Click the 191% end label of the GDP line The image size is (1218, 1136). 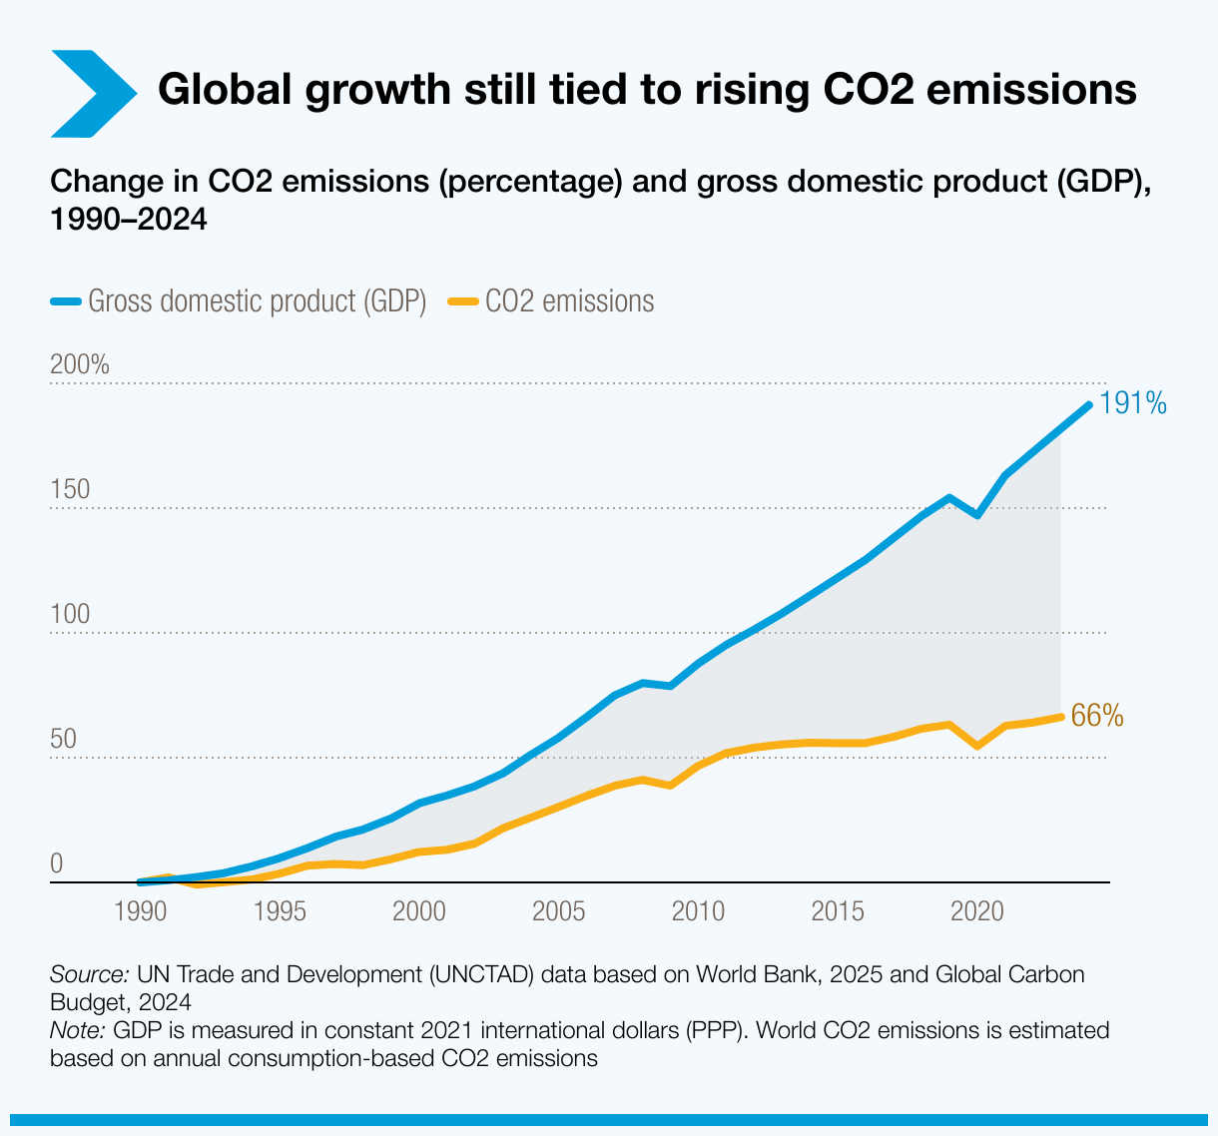[x=1133, y=403]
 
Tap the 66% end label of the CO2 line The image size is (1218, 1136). [x=1096, y=716]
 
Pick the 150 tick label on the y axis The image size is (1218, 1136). [x=70, y=490]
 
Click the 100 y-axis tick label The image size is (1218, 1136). [x=70, y=615]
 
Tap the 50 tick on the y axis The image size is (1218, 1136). [x=64, y=740]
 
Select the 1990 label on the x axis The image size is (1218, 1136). [x=141, y=910]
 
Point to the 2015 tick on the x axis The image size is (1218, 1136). [x=837, y=910]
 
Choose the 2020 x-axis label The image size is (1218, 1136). [x=975, y=910]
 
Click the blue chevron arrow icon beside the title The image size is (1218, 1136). [x=90, y=92]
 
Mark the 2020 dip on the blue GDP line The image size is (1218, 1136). [x=977, y=515]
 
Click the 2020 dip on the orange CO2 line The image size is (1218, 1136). [x=977, y=746]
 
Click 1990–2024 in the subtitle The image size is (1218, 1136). [x=128, y=220]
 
